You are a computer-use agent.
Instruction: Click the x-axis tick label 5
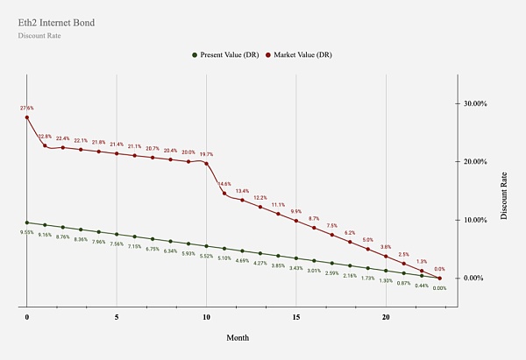coord(117,318)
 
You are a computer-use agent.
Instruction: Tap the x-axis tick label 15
coord(296,318)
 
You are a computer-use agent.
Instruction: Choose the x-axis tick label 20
coord(386,318)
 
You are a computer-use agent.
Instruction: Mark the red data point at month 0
coord(27,117)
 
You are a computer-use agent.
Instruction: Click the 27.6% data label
coord(27,108)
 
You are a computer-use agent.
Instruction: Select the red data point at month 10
coord(206,163)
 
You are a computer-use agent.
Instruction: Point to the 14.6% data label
coord(224,184)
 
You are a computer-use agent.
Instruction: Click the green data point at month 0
coord(27,222)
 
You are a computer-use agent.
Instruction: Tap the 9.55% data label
coord(27,232)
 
